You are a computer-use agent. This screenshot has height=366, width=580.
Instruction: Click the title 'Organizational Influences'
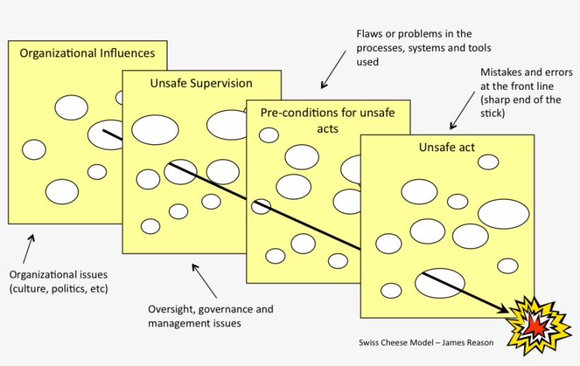87,53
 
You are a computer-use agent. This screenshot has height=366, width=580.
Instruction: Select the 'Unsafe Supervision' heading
201,83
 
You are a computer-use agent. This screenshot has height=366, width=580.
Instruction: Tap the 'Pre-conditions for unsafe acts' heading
327,120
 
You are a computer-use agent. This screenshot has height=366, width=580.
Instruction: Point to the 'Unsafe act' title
446,147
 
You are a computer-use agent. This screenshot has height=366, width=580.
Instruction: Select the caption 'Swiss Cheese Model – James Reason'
426,343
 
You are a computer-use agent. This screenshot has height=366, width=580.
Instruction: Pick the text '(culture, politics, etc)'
58,288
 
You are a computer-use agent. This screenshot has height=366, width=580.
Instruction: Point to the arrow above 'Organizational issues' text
28,248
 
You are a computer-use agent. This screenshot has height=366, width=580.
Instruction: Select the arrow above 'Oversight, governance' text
204,280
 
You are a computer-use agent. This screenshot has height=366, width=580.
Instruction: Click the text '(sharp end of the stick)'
521,106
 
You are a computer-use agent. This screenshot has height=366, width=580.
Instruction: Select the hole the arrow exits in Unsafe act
439,283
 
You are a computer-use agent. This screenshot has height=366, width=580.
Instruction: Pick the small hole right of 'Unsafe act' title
488,162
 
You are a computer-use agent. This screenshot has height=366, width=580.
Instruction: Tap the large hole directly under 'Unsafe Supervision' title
155,130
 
